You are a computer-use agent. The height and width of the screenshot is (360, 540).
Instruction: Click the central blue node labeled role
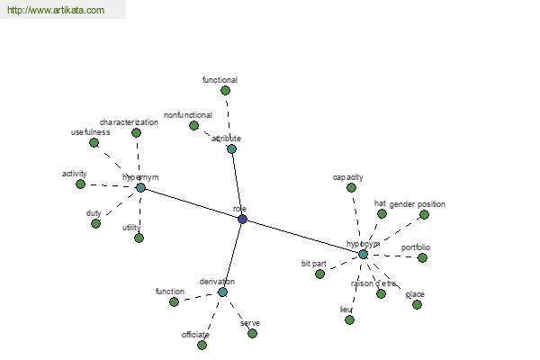tap(242, 219)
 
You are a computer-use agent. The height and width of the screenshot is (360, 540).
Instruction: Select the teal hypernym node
tap(140, 187)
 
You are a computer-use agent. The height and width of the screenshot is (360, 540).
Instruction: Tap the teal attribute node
tap(231, 148)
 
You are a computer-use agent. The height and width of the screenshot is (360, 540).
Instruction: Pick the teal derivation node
tap(222, 292)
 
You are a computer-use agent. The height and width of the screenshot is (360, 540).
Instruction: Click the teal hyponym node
tap(363, 254)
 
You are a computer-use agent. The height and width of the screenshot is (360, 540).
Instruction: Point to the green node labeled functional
tap(225, 90)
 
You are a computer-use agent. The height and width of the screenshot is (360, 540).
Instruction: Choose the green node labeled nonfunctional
tap(193, 125)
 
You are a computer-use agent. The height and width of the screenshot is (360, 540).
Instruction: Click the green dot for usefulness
tap(94, 142)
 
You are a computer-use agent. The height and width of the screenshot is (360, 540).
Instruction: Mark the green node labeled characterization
tap(136, 132)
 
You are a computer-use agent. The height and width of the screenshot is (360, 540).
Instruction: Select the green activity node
tap(80, 184)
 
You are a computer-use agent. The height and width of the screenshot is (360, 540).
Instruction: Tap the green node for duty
tap(95, 223)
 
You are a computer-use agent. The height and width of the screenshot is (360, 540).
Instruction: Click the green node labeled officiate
tap(202, 345)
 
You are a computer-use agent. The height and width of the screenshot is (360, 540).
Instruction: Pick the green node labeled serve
tap(252, 333)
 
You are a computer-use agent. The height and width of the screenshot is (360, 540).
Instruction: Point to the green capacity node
tap(352, 187)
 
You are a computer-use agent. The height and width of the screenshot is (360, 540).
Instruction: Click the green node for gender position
tap(424, 214)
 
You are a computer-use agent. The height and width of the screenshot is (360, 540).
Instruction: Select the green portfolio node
tap(422, 257)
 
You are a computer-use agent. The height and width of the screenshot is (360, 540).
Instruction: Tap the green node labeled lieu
tap(349, 319)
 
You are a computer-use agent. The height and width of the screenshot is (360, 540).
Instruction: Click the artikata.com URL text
tap(55, 11)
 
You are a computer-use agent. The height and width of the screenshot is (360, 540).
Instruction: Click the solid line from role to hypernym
tap(191, 202)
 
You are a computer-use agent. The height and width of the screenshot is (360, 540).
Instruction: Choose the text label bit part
tap(313, 264)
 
